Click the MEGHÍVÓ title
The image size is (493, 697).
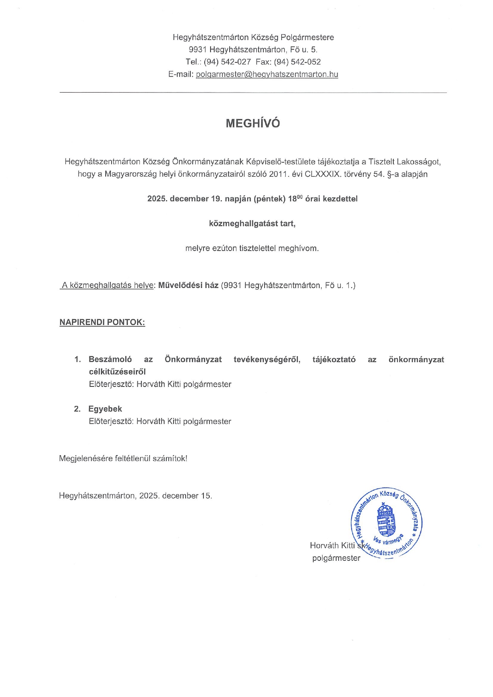click(x=253, y=124)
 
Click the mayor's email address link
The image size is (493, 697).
click(x=267, y=74)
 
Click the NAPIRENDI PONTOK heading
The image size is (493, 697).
click(x=102, y=322)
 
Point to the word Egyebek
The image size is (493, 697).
click(x=105, y=409)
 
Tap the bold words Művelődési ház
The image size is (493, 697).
click(x=188, y=285)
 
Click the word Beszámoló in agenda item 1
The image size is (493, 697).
click(x=110, y=359)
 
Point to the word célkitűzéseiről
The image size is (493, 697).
click(x=117, y=372)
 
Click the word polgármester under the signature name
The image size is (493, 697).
click(x=336, y=558)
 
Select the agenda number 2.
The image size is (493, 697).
click(x=77, y=409)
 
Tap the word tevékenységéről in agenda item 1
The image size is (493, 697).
click(x=267, y=359)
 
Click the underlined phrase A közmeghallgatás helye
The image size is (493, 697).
click(x=107, y=285)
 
